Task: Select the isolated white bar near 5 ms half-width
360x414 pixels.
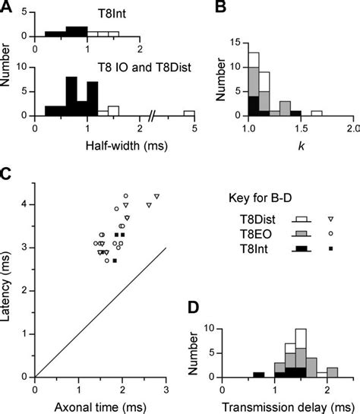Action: [x=188, y=112]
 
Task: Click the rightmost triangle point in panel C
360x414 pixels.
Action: [x=156, y=198]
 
